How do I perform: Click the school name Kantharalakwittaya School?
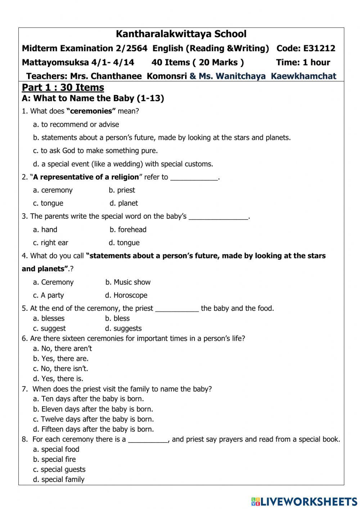coord(181,34)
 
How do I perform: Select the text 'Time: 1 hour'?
coord(303,62)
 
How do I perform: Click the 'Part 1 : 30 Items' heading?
coord(63,88)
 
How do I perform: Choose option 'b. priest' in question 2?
coord(122,190)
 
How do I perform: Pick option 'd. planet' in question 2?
coord(124,204)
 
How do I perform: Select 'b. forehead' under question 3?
coord(128,230)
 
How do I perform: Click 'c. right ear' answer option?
coord(51,243)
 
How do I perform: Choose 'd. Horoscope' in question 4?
coord(126,295)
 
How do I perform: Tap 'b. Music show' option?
coord(128,282)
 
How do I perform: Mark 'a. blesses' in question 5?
coord(49,318)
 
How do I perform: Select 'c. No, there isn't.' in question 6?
coord(60,369)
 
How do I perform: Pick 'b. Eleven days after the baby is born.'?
coord(93,409)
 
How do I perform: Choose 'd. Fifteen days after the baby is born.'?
coord(93,429)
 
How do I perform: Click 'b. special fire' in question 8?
coord(54,460)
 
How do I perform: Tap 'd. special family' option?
coord(59,480)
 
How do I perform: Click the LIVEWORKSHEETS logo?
coord(304,501)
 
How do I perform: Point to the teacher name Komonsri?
coord(167,76)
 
